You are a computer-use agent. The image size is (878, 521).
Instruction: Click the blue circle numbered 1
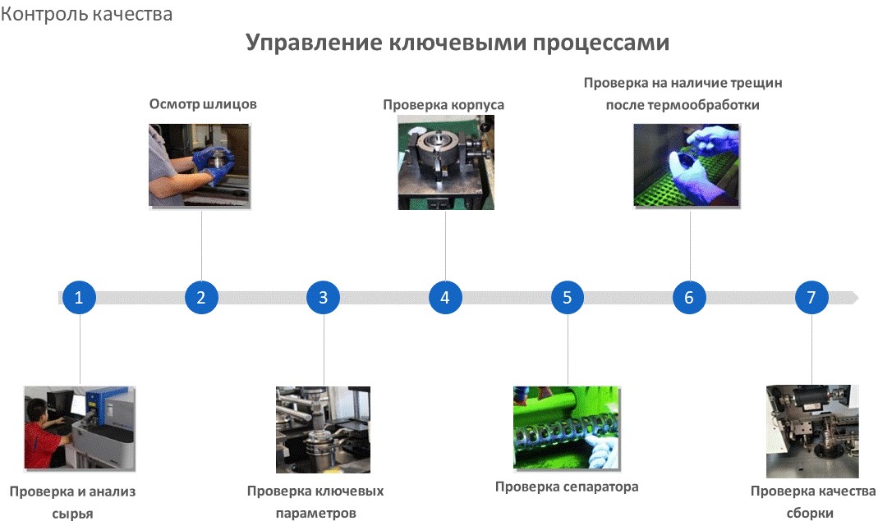point(79,297)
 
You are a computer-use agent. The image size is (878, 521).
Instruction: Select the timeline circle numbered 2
point(201,297)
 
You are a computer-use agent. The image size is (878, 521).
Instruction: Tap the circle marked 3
point(323,297)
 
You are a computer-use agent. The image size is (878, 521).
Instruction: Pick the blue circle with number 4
point(445,297)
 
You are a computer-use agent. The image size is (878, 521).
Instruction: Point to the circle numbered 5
point(568,297)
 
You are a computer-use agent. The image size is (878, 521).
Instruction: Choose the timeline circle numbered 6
point(689,297)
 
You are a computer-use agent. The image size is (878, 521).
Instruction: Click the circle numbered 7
point(811,297)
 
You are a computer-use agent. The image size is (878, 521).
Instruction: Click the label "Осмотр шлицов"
point(203,104)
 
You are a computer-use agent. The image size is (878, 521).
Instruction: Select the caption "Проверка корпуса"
point(444,105)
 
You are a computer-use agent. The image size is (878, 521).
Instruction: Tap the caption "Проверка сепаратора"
point(567,487)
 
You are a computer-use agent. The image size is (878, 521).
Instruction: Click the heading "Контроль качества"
point(86,14)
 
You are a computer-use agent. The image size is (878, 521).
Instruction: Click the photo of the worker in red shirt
point(80,428)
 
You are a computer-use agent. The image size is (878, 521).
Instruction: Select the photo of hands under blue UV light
point(687,166)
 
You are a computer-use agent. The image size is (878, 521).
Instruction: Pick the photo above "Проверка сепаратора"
point(567,427)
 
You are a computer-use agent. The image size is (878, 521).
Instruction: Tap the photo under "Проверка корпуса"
point(446,162)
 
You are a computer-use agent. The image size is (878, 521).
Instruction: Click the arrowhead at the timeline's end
point(854,298)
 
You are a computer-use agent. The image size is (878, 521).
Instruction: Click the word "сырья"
point(73,514)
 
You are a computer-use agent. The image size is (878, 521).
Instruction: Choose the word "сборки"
point(810,513)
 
